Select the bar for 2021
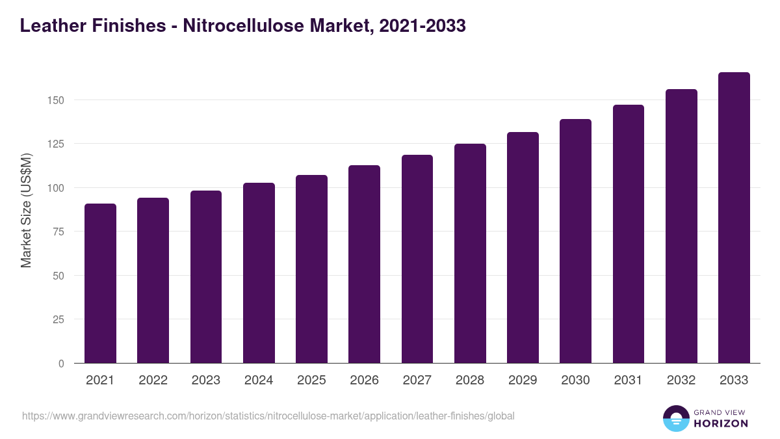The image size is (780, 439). click(100, 284)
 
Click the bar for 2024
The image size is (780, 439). click(259, 273)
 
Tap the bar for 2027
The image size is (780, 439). click(417, 259)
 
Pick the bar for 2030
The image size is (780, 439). click(575, 241)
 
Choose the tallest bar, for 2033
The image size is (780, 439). click(734, 218)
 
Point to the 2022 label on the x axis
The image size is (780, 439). click(153, 380)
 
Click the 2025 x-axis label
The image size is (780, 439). click(311, 380)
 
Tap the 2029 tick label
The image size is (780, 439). click(523, 380)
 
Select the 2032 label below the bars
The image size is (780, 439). click(681, 380)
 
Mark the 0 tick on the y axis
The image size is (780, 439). click(61, 364)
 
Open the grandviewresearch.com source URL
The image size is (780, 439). click(268, 416)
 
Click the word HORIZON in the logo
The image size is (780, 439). click(720, 423)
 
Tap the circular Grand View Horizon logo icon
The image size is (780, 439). click(675, 418)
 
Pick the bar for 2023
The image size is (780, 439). click(206, 277)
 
